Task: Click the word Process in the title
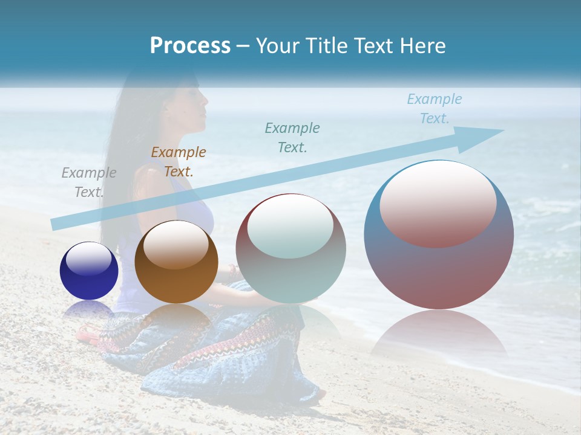point(190,46)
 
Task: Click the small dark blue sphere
point(89,271)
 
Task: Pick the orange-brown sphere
point(176,262)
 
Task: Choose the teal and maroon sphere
point(290,248)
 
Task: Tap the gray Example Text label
point(89,182)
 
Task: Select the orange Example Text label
point(179,162)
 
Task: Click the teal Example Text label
point(292,137)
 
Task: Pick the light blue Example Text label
point(435,109)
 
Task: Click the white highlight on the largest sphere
point(438,203)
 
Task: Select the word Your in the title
point(277,46)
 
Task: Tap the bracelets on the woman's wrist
point(232,273)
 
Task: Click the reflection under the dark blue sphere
point(89,309)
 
